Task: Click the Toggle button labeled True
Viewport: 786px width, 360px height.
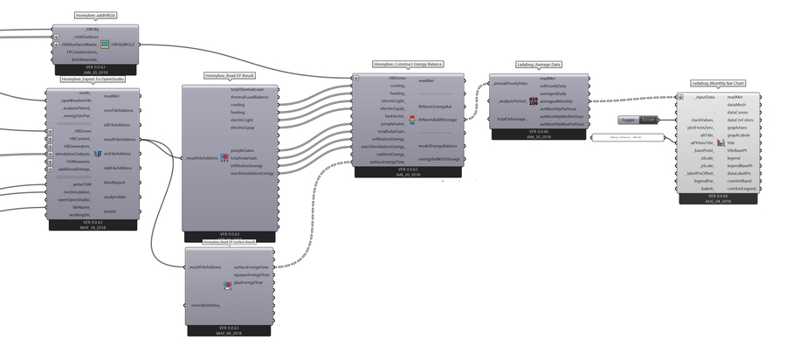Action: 646,119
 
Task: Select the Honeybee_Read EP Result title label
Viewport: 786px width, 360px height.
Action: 229,76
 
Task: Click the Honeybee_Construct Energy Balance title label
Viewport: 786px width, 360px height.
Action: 408,65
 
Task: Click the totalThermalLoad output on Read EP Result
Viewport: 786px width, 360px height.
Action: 252,89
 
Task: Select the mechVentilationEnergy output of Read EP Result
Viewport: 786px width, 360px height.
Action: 252,172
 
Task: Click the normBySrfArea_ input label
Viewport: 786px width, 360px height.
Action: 208,303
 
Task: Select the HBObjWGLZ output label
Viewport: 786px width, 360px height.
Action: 122,43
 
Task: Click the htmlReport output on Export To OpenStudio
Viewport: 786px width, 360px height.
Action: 114,182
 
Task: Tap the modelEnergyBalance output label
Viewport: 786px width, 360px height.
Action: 438,146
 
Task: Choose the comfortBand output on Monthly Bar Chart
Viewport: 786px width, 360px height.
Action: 742,181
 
